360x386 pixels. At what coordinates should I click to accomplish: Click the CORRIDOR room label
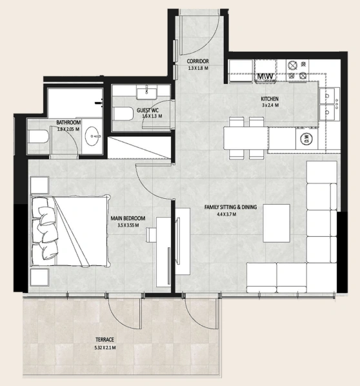coord(197,61)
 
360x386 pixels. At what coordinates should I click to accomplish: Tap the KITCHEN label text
coord(270,99)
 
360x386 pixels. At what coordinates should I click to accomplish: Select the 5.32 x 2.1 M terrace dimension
coord(105,348)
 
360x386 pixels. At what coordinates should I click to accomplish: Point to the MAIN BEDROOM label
coord(128,218)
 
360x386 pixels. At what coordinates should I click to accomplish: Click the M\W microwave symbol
coord(265,76)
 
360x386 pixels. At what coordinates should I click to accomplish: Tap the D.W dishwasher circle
coord(306,138)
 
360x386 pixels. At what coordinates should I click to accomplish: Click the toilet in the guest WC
coord(123,114)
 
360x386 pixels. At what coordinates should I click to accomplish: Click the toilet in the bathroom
coord(38,137)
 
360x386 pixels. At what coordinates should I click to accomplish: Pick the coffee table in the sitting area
coord(276,223)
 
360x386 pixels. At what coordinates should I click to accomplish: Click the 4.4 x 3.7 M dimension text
coord(226,214)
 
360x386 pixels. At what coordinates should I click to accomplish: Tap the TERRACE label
coord(105,340)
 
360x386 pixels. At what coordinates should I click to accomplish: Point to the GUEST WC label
coord(148,110)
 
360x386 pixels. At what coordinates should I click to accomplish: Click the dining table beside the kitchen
coord(246,138)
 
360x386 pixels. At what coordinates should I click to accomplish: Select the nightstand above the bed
coord(39,185)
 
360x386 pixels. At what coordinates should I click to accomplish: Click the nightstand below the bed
coord(39,277)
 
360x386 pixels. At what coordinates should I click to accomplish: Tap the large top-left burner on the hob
coord(292,65)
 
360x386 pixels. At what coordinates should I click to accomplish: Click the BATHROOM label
coord(68,123)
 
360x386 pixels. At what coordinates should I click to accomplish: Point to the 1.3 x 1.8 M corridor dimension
coord(198,68)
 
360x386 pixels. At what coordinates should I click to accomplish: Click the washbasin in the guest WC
coord(146,94)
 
